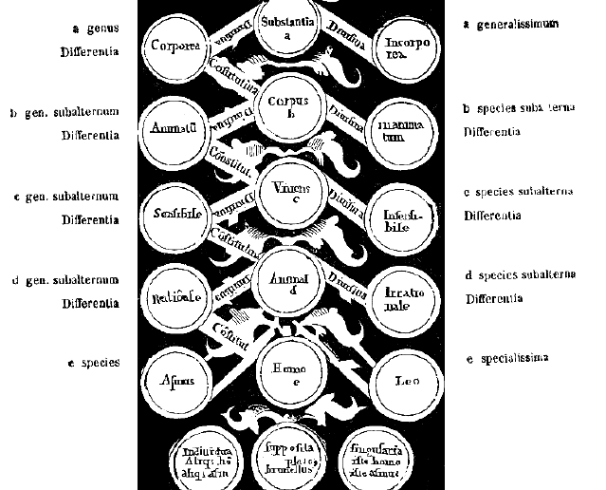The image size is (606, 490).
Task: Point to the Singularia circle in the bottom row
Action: pos(376,461)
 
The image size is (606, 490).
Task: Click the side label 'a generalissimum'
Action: pos(511,24)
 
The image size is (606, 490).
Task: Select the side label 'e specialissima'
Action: pos(514,358)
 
